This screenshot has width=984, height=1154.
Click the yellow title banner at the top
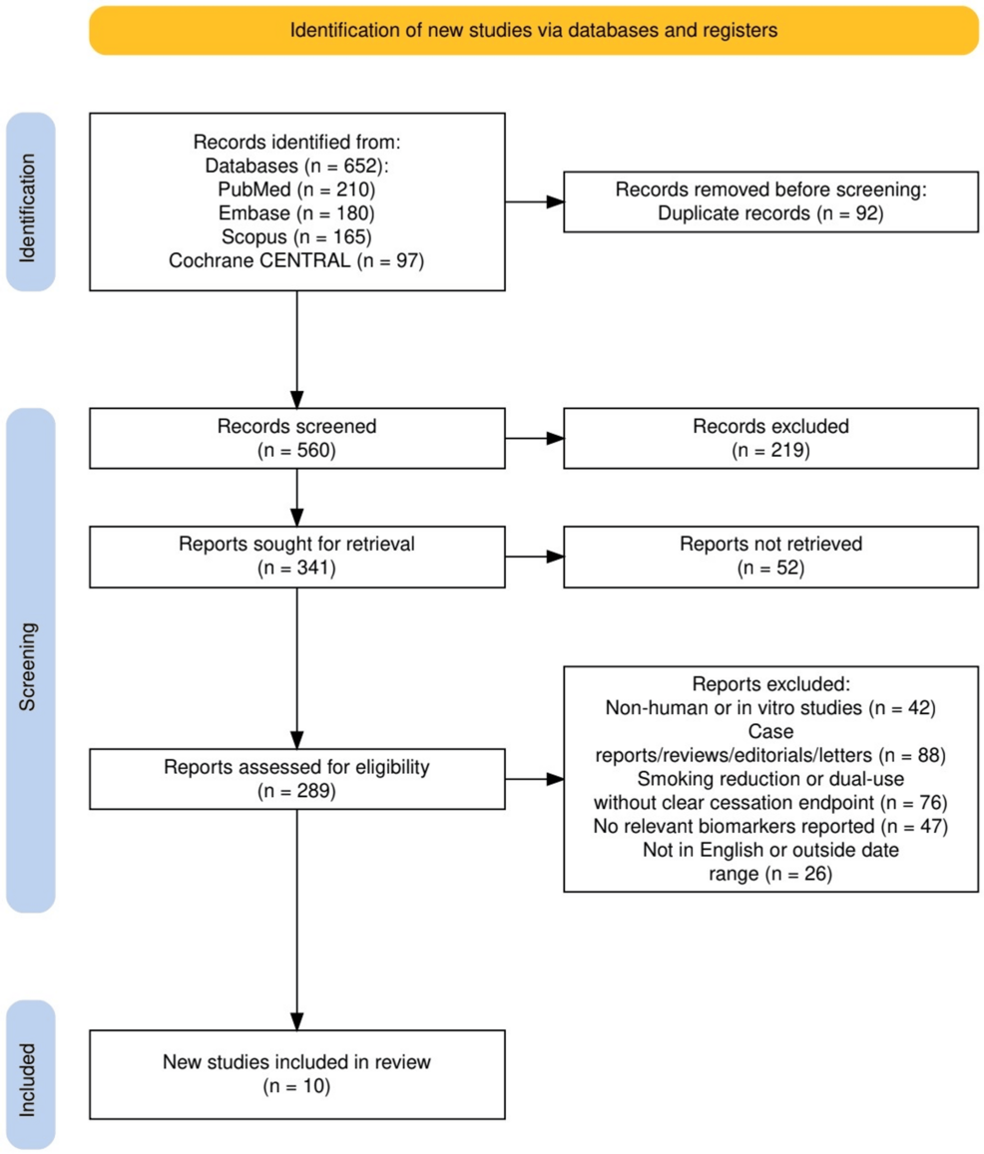pyautogui.click(x=533, y=30)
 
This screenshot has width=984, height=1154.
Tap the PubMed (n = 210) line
pyautogui.click(x=296, y=190)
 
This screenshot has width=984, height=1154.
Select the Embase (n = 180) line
pyautogui.click(x=296, y=212)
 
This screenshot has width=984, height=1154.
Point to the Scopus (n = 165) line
pyautogui.click(x=296, y=236)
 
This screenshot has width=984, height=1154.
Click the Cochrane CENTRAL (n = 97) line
pyautogui.click(x=296, y=260)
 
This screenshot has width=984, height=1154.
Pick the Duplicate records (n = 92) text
pyautogui.click(x=770, y=213)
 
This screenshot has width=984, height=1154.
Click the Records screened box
pyautogui.click(x=296, y=439)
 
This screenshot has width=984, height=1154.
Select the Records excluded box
pyautogui.click(x=771, y=439)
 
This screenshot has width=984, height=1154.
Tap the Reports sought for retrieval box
pyautogui.click(x=296, y=558)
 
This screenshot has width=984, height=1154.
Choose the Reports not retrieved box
pyautogui.click(x=771, y=558)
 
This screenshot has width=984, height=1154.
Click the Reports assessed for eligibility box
pyautogui.click(x=296, y=779)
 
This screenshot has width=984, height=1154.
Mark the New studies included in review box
pyautogui.click(x=296, y=1074)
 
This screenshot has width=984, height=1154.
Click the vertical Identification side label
pyautogui.click(x=28, y=208)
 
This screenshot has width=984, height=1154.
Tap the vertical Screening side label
pyautogui.click(x=28, y=667)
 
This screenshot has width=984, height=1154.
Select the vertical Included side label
pyautogui.click(x=28, y=1080)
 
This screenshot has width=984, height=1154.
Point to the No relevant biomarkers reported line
pyautogui.click(x=770, y=827)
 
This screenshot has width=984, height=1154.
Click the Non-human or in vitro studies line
pyautogui.click(x=770, y=708)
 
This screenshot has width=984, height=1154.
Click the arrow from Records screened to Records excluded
pyautogui.click(x=535, y=439)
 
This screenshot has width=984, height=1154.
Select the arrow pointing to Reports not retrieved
pyautogui.click(x=535, y=558)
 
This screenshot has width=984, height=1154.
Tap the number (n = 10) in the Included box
pyautogui.click(x=296, y=1086)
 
